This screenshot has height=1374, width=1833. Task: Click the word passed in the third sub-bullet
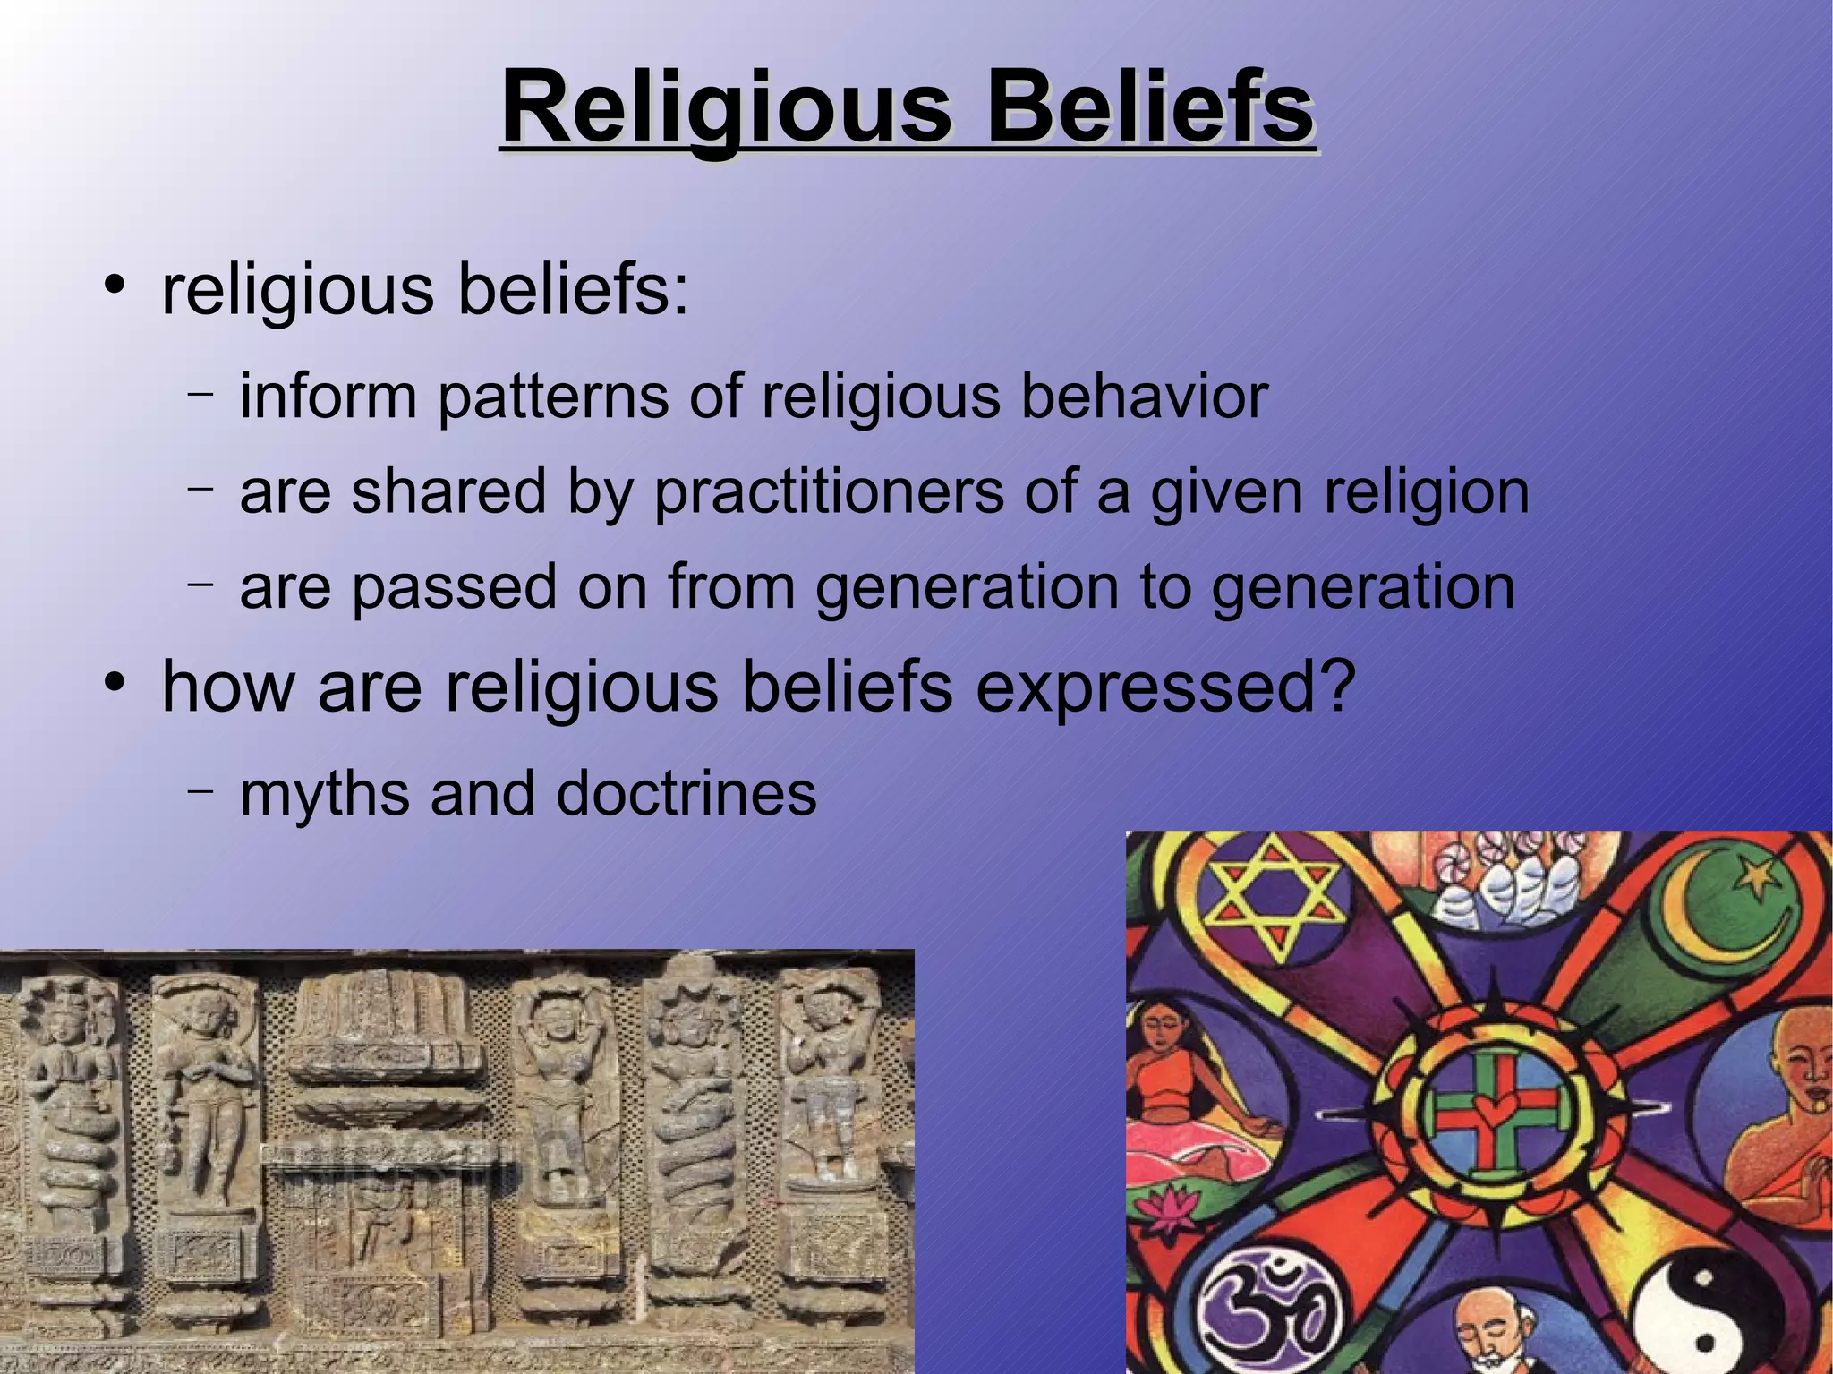(x=455, y=587)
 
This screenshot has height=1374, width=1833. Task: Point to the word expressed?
(x=1165, y=687)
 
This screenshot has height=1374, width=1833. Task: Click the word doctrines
(x=686, y=793)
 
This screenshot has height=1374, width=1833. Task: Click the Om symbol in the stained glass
(x=1257, y=1309)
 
